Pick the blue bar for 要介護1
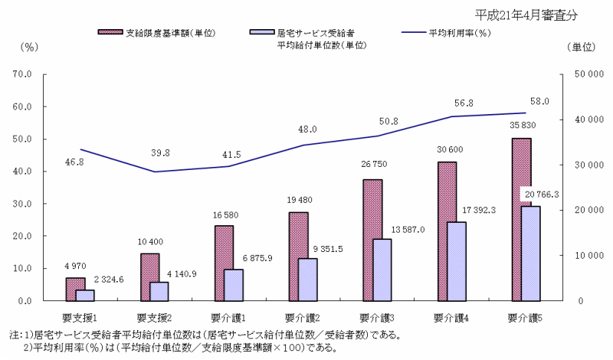click(x=234, y=285)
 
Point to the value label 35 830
click(x=521, y=125)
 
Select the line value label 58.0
click(x=539, y=101)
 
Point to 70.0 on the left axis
click(x=21, y=75)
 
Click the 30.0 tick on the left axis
click(x=21, y=204)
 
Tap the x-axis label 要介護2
click(x=303, y=317)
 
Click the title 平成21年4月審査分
click(x=525, y=15)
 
